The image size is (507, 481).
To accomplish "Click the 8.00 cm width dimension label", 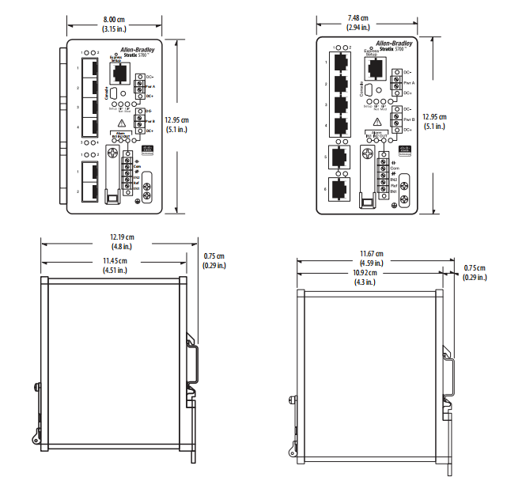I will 121,17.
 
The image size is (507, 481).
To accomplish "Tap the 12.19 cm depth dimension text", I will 121,237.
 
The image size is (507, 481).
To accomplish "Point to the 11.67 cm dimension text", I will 372,254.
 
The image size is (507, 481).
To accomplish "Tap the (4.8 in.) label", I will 121,246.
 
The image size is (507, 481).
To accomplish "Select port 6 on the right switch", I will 340,189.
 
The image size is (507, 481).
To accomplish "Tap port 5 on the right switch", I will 340,157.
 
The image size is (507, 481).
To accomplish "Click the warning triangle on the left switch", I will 121,123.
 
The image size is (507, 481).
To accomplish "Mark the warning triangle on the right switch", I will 376,121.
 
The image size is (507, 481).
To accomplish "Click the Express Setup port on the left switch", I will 121,73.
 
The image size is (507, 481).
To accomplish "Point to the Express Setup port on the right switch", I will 374,67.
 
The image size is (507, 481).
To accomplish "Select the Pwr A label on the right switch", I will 408,82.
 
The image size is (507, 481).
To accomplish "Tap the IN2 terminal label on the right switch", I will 393,180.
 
